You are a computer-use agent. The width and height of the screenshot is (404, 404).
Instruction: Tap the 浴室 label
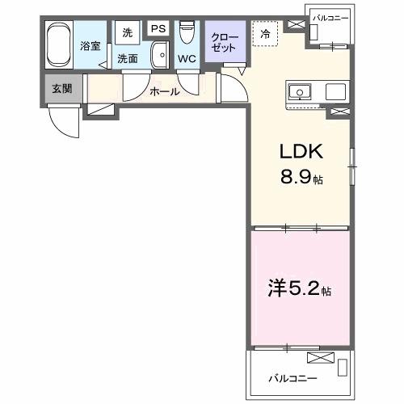90,46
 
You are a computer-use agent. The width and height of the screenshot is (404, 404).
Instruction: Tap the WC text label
187,59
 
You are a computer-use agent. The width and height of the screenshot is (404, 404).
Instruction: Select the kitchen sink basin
300,92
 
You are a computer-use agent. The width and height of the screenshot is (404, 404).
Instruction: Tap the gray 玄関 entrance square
61,87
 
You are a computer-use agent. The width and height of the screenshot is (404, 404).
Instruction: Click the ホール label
164,91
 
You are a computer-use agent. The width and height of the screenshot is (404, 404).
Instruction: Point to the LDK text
301,151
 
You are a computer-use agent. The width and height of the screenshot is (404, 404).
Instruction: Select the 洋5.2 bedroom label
299,288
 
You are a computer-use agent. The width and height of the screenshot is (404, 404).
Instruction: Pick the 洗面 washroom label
127,58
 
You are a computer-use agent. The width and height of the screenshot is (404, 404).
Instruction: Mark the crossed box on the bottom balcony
320,358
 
